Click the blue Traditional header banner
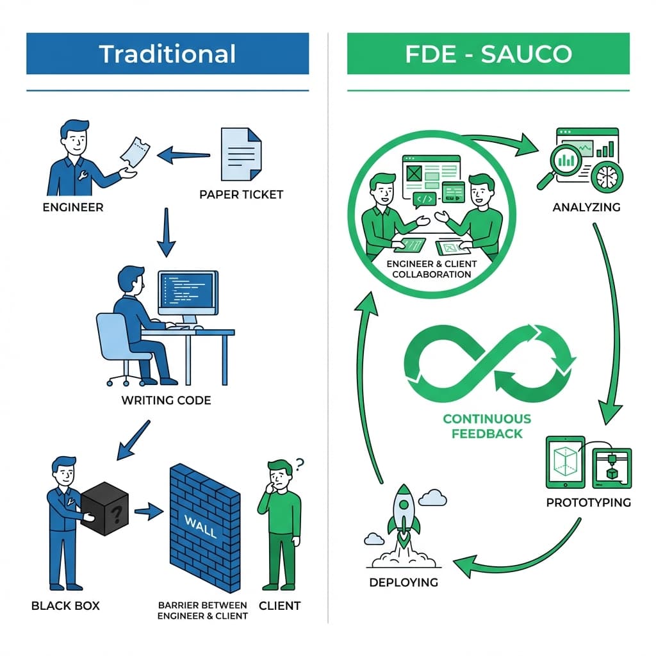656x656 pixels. pyautogui.click(x=167, y=54)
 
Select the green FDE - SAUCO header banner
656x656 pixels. pyautogui.click(x=488, y=54)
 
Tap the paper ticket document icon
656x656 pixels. pyautogui.click(x=241, y=154)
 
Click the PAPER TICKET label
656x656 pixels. pyautogui.click(x=241, y=194)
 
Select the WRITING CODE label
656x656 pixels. pyautogui.click(x=166, y=400)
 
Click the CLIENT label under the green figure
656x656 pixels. pyautogui.click(x=279, y=605)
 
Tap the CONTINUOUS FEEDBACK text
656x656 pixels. pyautogui.click(x=487, y=426)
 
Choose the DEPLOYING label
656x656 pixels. pyautogui.click(x=404, y=582)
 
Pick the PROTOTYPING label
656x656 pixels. pyautogui.click(x=588, y=502)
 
